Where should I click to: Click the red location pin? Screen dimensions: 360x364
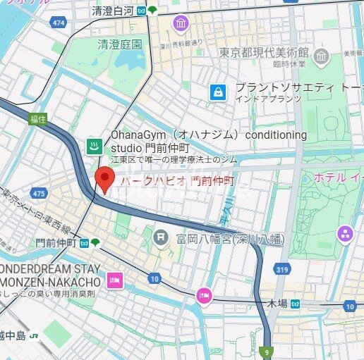pos(104,179)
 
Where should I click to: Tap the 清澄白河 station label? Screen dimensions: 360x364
pos(113,11)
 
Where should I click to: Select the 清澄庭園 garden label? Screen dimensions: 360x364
pos(119,44)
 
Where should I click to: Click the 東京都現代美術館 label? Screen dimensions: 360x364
pos(263,53)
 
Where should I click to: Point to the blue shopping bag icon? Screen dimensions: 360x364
pos(219,92)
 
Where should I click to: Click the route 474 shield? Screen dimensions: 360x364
pos(58,23)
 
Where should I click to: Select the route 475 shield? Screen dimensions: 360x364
pos(39,193)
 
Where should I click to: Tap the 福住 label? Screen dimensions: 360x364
pos(37,120)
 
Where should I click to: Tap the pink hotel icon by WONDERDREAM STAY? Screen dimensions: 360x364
pos(114,281)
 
